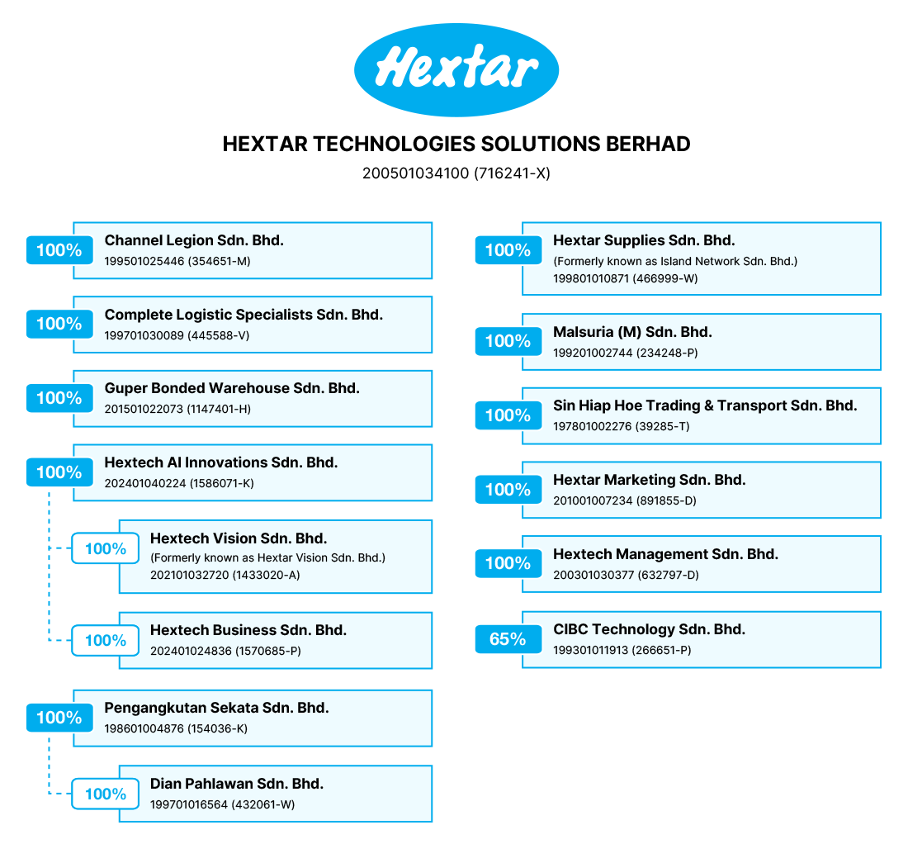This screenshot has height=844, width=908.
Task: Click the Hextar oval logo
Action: click(456, 70)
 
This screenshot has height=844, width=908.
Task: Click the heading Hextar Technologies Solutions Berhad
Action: click(456, 145)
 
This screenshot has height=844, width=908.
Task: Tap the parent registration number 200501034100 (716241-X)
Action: click(456, 173)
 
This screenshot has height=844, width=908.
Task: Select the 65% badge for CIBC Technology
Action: click(508, 639)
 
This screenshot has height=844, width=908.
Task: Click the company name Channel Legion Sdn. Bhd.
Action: click(194, 240)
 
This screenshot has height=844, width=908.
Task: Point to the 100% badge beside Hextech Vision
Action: click(106, 548)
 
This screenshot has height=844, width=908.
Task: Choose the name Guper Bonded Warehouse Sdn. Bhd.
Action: click(232, 388)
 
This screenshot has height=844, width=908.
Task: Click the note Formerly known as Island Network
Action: click(675, 261)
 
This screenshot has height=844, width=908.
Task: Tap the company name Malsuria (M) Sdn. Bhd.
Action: click(632, 332)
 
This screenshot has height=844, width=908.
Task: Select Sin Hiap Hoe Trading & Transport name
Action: click(705, 405)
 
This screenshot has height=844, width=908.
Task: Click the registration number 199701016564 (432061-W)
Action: click(222, 804)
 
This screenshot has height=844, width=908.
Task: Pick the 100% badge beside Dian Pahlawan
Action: click(106, 794)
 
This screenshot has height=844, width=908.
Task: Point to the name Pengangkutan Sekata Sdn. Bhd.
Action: click(216, 708)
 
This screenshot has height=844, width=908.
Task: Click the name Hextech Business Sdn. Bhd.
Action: click(248, 630)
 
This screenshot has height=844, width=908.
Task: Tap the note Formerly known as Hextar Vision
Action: click(267, 557)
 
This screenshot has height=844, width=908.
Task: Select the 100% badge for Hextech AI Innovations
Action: click(59, 472)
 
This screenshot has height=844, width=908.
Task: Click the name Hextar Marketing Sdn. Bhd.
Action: click(649, 480)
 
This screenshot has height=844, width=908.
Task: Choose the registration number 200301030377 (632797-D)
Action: click(626, 576)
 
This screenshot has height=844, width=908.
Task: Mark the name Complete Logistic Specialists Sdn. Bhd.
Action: click(244, 315)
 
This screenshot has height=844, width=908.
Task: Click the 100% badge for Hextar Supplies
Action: click(508, 250)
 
